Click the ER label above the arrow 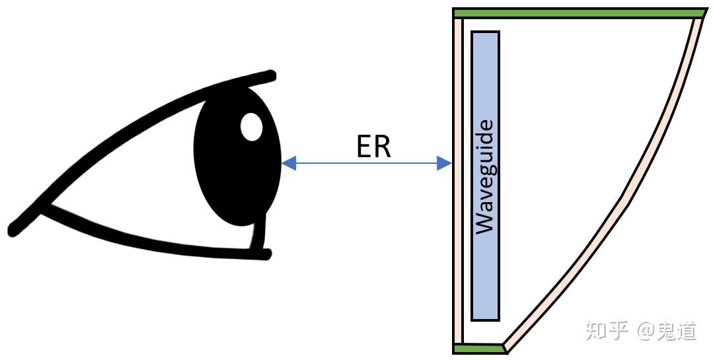click(374, 147)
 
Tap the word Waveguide click(485, 176)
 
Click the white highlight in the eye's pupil click(251, 127)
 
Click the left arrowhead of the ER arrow click(289, 163)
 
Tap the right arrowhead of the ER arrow click(444, 163)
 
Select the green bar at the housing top click(579, 13)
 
